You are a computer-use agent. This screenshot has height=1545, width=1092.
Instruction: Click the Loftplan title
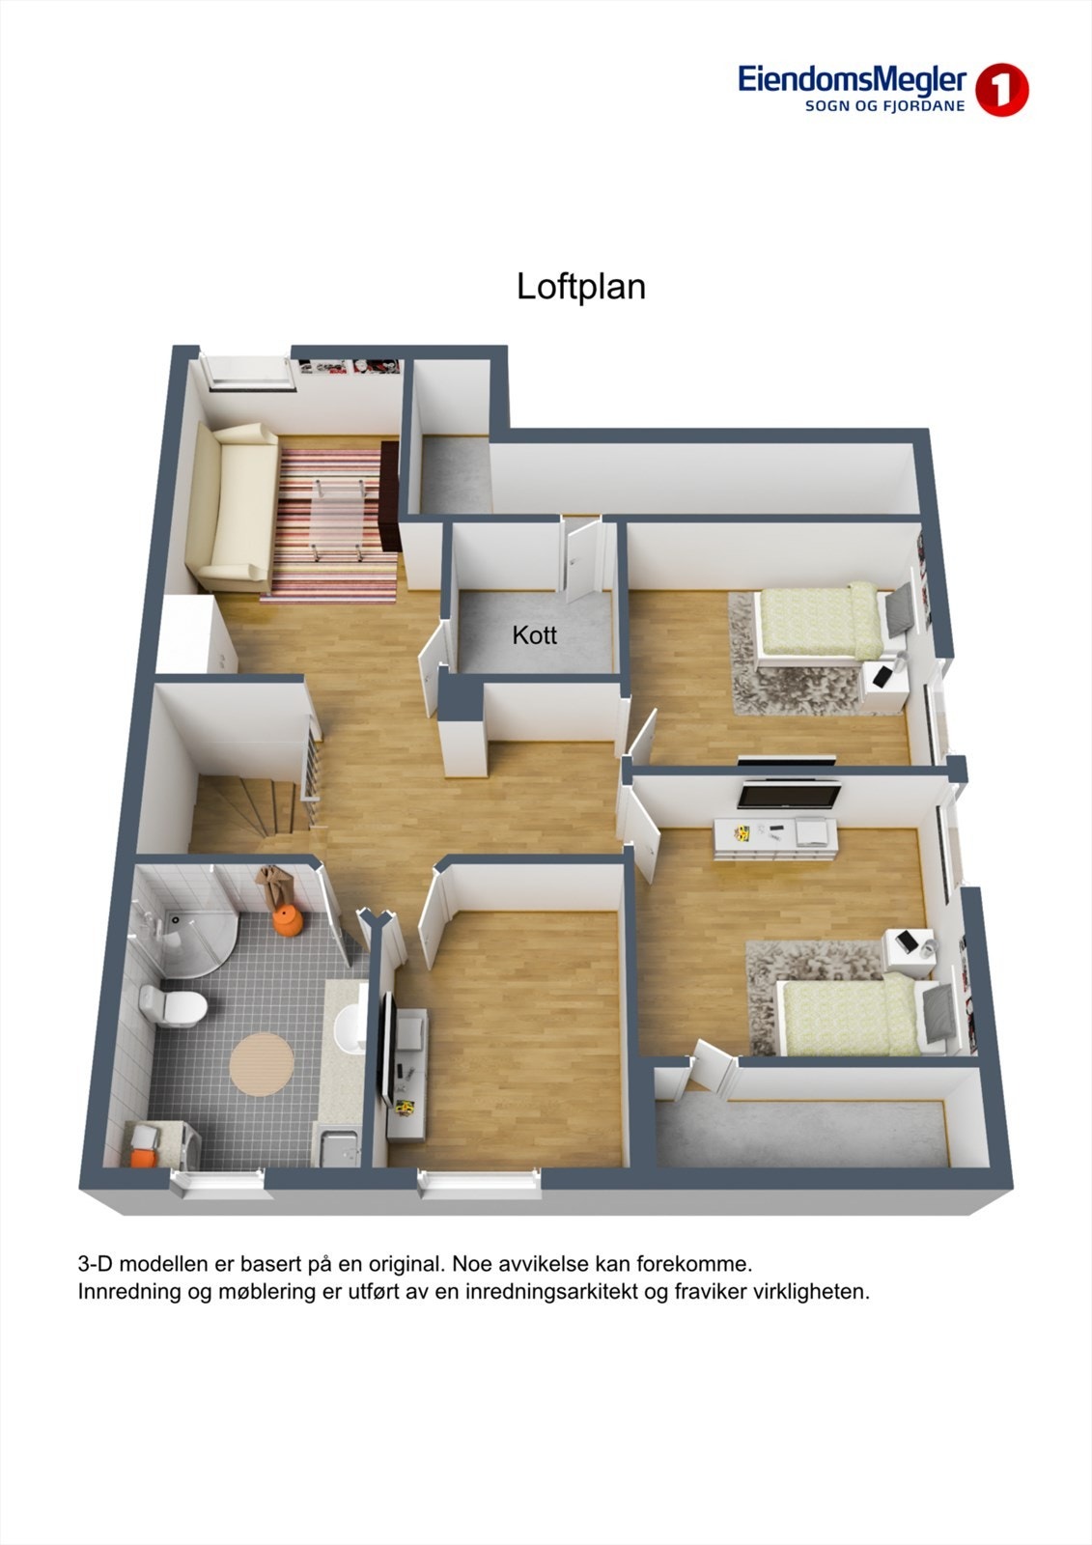pyautogui.click(x=580, y=287)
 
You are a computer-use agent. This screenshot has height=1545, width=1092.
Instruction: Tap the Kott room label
pyautogui.click(x=534, y=635)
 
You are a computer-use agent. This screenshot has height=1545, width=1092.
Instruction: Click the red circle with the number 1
pyautogui.click(x=1001, y=91)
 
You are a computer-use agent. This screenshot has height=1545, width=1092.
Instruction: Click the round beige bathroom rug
pyautogui.click(x=262, y=1064)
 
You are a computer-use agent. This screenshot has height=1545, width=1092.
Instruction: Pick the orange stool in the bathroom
pyautogui.click(x=287, y=920)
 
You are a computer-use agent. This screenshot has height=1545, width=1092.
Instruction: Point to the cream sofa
pyautogui.click(x=233, y=506)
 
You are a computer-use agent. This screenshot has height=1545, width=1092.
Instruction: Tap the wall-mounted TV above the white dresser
pyautogui.click(x=789, y=795)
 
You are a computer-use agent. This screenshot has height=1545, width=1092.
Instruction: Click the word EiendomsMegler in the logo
pyautogui.click(x=853, y=79)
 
